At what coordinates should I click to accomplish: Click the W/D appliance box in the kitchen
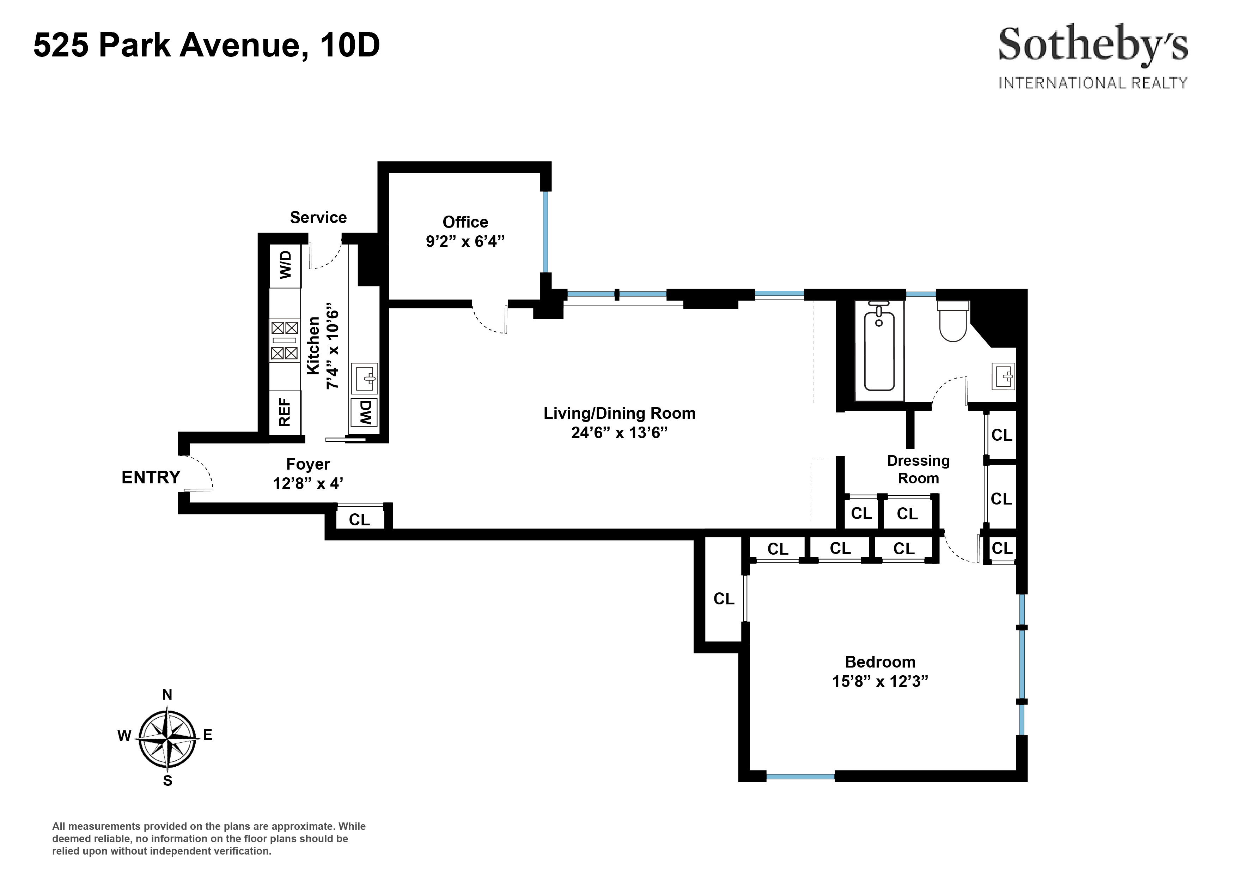(285, 265)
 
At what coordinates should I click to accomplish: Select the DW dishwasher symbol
(365, 412)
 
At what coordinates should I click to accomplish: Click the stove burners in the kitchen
(284, 340)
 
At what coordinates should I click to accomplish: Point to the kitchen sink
(365, 378)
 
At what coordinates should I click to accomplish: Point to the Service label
(318, 217)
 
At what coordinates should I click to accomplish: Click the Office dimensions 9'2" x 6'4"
(465, 241)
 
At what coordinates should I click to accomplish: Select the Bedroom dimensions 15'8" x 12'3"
(880, 681)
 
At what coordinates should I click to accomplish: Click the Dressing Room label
(918, 469)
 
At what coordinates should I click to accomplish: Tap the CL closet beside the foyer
(359, 519)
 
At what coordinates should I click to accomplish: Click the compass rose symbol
(167, 737)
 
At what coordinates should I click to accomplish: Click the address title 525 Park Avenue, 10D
(206, 45)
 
